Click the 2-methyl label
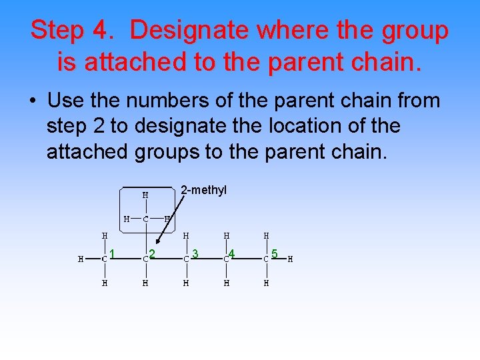pyautogui.click(x=204, y=191)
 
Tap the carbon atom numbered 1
pyautogui.click(x=105, y=259)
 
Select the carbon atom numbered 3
pyautogui.click(x=186, y=259)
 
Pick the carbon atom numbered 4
pyautogui.click(x=226, y=259)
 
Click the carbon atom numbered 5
pyautogui.click(x=266, y=259)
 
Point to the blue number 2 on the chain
pyautogui.click(x=153, y=253)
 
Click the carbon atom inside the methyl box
pyautogui.click(x=146, y=219)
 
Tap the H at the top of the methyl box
pyautogui.click(x=145, y=195)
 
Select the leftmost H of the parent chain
pyautogui.click(x=81, y=259)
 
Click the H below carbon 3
pyautogui.click(x=186, y=283)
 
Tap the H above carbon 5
pyautogui.click(x=266, y=235)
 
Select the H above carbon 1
pyautogui.click(x=105, y=235)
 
